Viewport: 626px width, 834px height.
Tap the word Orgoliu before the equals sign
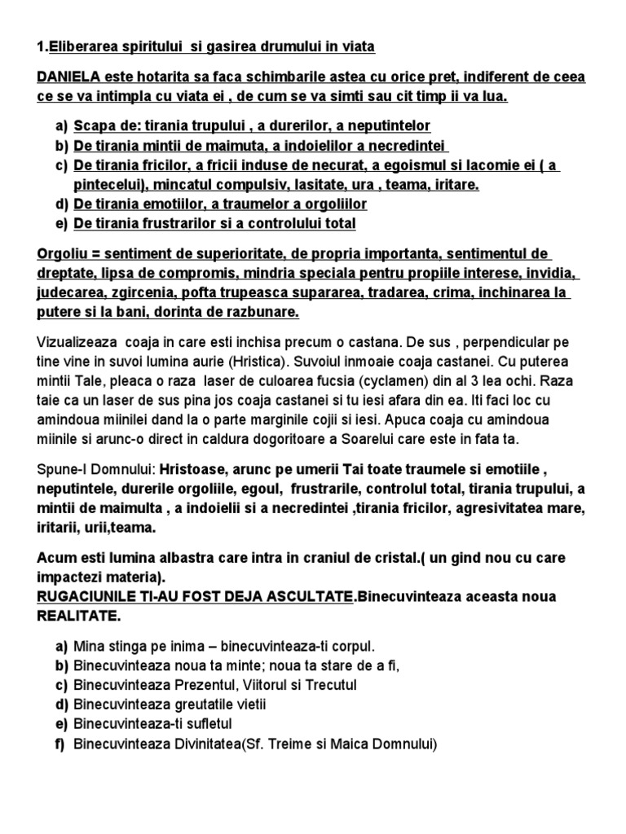pyautogui.click(x=62, y=254)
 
